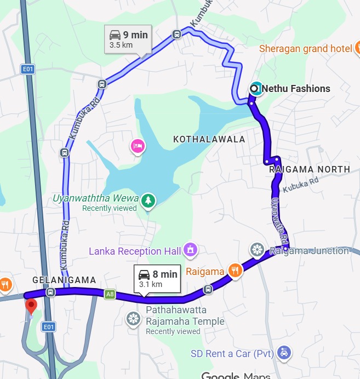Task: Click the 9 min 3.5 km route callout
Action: coord(128,39)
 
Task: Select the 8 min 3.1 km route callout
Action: coord(158,279)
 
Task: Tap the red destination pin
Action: coord(31,306)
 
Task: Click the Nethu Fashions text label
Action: coord(296,88)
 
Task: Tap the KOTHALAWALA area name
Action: coord(209,140)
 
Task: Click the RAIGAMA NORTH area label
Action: coord(310,170)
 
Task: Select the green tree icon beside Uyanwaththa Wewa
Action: coord(147,201)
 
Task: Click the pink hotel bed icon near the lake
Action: coord(137,146)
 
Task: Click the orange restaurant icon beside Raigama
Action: coord(235,270)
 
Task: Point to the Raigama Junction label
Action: coord(310,251)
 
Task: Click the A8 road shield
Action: coord(110,295)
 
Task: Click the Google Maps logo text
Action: coord(236,376)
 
